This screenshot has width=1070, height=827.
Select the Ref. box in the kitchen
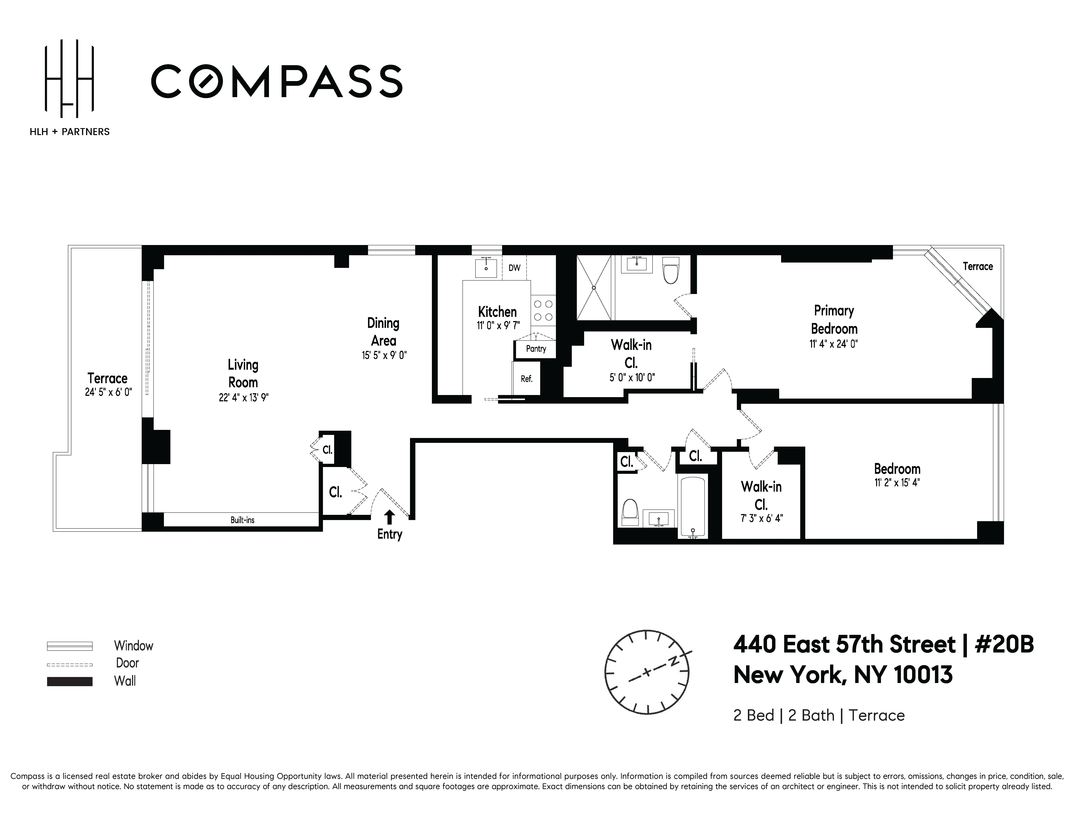(526, 378)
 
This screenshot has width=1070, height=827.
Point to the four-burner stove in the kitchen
(543, 310)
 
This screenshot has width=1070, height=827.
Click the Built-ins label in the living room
(243, 520)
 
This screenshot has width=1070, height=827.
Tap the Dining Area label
(384, 332)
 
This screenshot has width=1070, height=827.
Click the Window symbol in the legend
(70, 646)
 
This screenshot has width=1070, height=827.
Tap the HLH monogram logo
(69, 78)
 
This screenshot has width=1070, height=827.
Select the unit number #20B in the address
(1004, 644)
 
